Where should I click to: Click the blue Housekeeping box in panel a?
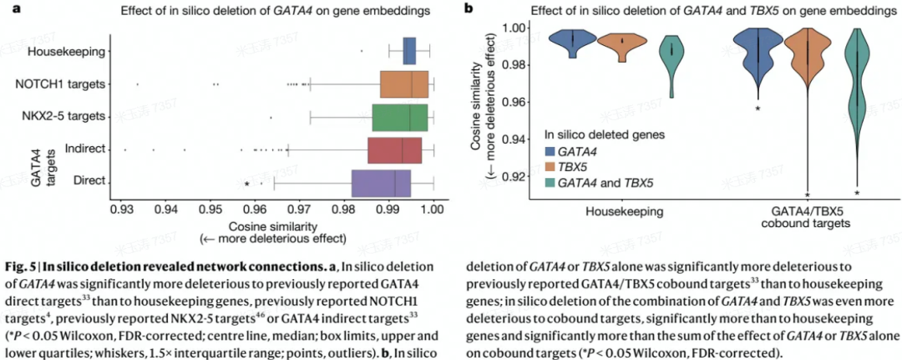click(409, 51)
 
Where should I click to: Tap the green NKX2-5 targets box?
click(400, 116)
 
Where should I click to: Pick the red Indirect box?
click(394, 149)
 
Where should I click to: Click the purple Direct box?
click(382, 181)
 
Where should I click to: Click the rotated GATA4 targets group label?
click(37, 165)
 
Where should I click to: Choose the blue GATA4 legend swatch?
click(550, 150)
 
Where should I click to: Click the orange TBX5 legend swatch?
click(550, 166)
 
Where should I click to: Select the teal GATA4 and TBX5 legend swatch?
click(550, 182)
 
